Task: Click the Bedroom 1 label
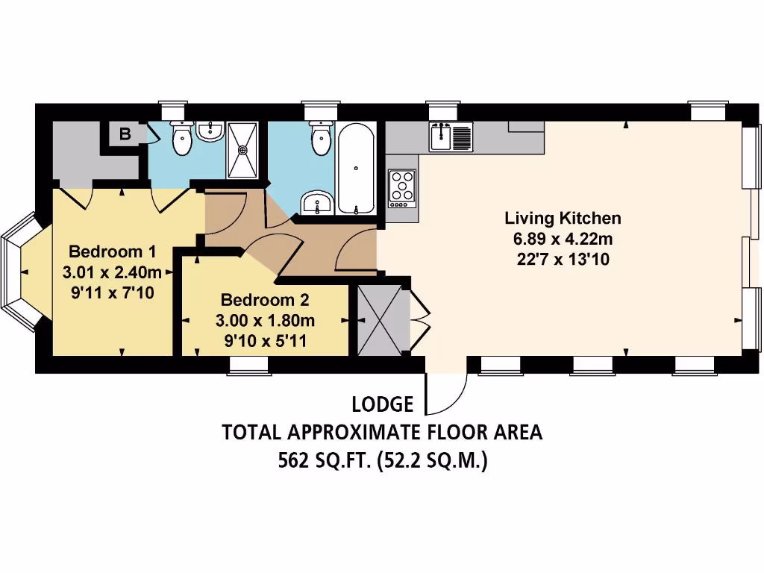(x=112, y=251)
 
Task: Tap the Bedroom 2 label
(x=265, y=301)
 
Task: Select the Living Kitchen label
(x=563, y=219)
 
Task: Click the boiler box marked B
(x=125, y=135)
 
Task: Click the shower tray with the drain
(x=243, y=150)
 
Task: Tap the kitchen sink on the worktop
(x=450, y=137)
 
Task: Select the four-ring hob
(x=402, y=187)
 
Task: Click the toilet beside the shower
(x=181, y=139)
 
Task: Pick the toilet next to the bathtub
(x=321, y=139)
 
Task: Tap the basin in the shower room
(x=210, y=133)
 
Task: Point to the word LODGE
(x=382, y=405)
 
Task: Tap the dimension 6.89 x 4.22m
(x=563, y=239)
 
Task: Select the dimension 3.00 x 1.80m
(x=265, y=322)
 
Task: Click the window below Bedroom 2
(x=248, y=365)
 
